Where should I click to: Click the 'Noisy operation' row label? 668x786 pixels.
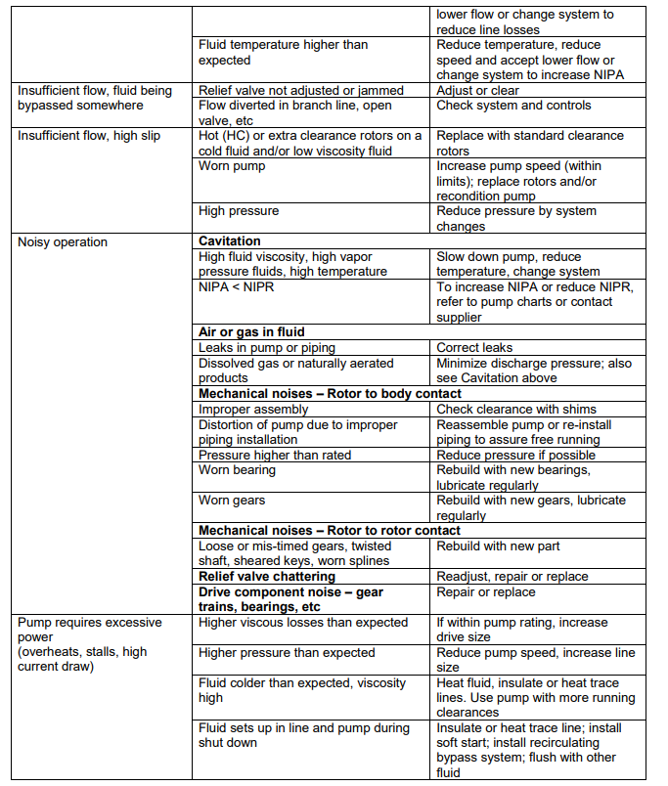coord(63,241)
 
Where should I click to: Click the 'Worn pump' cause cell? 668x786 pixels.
coord(232,166)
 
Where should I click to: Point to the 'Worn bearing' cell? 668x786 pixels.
coord(237,470)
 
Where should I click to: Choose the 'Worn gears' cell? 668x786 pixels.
coord(232,501)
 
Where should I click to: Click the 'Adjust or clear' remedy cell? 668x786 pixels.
coord(478,91)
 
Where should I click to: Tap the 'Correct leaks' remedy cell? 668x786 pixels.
coord(474,348)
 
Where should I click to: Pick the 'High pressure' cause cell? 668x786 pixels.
coord(239,211)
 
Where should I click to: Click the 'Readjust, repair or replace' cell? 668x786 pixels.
coord(512,577)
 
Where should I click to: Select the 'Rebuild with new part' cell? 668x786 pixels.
coord(498,546)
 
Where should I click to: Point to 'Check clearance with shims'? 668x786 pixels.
coord(515,410)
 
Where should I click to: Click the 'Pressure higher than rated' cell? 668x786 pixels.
coord(275,456)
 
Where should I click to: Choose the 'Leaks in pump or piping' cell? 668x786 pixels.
coord(266,348)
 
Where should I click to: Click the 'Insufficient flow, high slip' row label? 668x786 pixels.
coord(89,136)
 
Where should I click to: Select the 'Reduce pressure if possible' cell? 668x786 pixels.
coord(515,456)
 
